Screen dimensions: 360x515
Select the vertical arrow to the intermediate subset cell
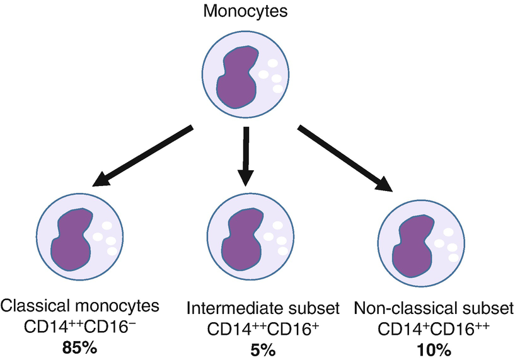point(246,157)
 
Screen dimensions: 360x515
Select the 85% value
point(79,347)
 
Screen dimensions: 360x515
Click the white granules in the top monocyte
point(274,76)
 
